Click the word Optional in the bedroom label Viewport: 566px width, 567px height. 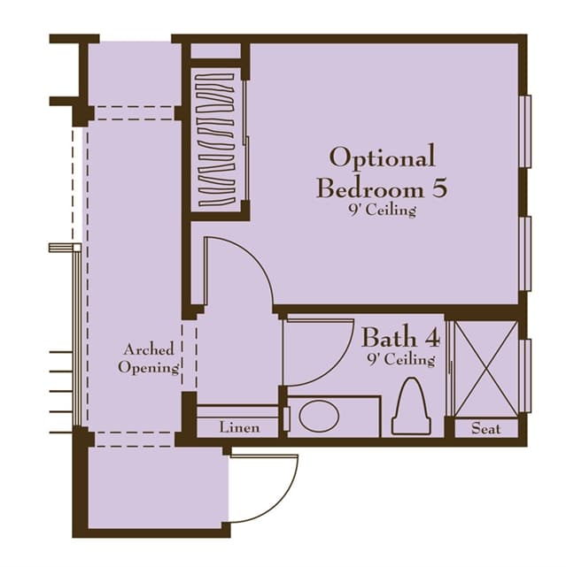coord(383,157)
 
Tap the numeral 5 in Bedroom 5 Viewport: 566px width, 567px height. coord(439,188)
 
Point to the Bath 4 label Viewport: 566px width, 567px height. coord(401,337)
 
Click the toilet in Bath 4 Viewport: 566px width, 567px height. coord(411,406)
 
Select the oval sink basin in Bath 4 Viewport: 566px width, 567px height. coord(319,416)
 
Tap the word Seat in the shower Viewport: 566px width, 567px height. coord(486,429)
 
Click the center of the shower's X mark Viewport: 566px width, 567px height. coord(486,369)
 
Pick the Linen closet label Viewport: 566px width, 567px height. coord(239,427)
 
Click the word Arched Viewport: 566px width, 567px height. coord(149,349)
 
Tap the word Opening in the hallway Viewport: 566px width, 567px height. coord(149,368)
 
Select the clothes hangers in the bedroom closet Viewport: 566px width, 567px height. coord(216,140)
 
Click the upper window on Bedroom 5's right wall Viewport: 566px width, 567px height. coord(525,131)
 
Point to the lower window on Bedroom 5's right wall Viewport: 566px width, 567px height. coord(525,254)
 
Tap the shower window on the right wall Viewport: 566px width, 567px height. coord(525,376)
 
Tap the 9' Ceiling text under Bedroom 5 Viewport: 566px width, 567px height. coord(383,211)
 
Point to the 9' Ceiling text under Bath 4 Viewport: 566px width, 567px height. coord(401,360)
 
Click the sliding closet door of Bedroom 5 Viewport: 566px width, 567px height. coord(246,141)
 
